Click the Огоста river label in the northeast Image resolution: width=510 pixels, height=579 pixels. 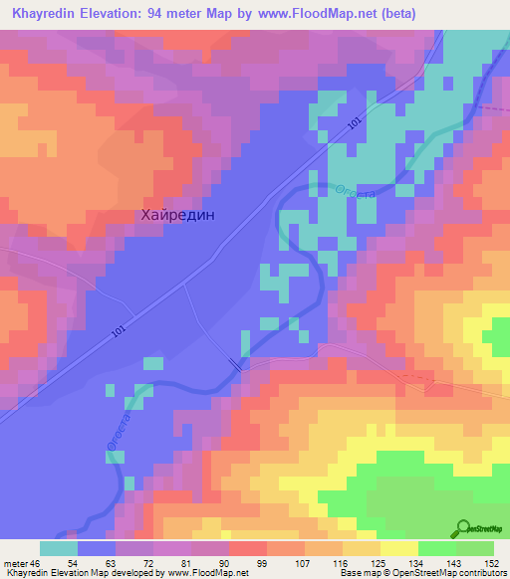(357, 187)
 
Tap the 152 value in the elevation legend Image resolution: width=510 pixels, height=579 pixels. (493, 563)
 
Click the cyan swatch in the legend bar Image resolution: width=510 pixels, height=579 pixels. (59, 548)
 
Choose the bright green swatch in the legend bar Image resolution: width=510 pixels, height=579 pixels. (436, 548)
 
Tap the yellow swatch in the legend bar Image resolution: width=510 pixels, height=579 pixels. (398, 548)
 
